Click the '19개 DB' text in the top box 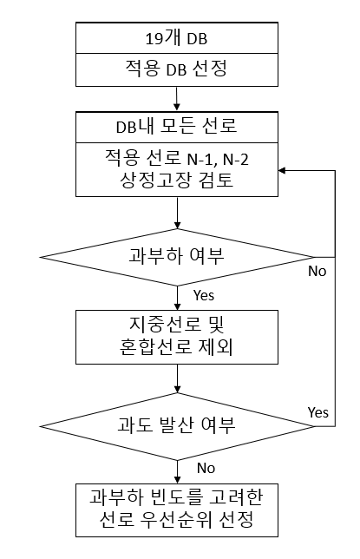(x=176, y=38)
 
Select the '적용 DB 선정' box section (x=177, y=69)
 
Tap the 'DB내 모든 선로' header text (x=176, y=126)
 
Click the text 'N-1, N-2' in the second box (x=218, y=160)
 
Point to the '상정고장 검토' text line (x=176, y=180)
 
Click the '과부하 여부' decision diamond (x=177, y=257)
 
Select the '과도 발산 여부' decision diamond (x=177, y=426)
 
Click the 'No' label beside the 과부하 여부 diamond (x=317, y=272)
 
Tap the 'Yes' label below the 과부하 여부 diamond (x=204, y=295)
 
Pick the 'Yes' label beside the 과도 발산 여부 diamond (x=318, y=412)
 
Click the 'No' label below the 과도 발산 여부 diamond (x=206, y=468)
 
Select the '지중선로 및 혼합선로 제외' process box (x=177, y=337)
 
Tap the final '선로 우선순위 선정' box (x=177, y=510)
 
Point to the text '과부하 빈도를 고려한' (x=176, y=497)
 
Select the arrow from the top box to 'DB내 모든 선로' (x=177, y=98)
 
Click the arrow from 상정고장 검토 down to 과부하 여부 (x=177, y=213)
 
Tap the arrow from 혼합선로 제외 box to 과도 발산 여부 (x=177, y=378)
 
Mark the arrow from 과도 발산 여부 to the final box (x=177, y=472)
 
